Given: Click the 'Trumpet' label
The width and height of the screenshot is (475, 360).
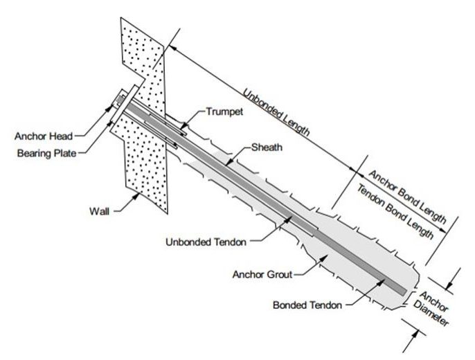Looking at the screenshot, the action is click(224, 111).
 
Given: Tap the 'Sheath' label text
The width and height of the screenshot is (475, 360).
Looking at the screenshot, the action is click(267, 147).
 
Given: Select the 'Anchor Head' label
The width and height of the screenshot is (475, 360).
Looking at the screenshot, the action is click(44, 136).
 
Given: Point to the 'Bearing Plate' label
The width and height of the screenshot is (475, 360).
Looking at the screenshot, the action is click(46, 153).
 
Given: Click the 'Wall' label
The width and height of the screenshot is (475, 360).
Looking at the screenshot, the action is click(99, 211).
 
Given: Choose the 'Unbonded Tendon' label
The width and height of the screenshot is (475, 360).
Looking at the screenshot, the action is click(206, 242).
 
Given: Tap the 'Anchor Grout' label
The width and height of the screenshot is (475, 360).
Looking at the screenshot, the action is click(262, 275).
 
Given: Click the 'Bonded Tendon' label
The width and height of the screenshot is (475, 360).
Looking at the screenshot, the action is click(307, 305).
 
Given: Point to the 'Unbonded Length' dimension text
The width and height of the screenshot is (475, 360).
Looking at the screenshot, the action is click(276, 112).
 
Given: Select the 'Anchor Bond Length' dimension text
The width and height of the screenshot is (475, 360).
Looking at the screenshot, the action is click(407, 197).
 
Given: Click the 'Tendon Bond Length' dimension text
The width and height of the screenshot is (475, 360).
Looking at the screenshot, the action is click(395, 211).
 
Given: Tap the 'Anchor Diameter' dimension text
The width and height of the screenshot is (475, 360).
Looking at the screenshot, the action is click(431, 308).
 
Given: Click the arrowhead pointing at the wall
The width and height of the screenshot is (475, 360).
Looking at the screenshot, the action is click(137, 196).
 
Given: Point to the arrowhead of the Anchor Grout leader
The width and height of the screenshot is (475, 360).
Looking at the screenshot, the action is click(324, 257).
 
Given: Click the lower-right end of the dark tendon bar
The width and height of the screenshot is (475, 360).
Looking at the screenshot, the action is click(405, 292).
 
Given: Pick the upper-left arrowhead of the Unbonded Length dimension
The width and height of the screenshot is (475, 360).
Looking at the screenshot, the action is click(171, 46).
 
